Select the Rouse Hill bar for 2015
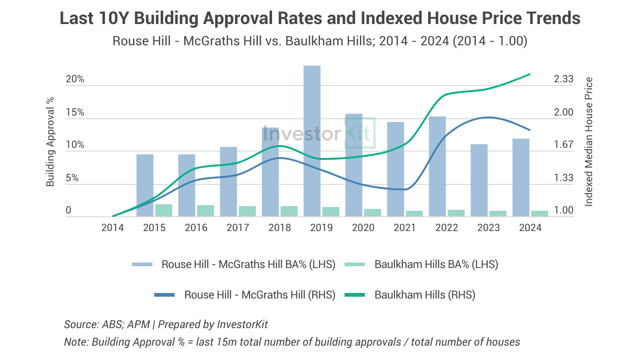pyautogui.click(x=145, y=185)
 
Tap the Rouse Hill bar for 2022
pyautogui.click(x=437, y=166)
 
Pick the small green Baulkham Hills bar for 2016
pyautogui.click(x=205, y=211)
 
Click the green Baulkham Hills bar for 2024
pyautogui.click(x=539, y=214)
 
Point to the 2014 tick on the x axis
pyautogui.click(x=113, y=227)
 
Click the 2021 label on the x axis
pyautogui.click(x=405, y=227)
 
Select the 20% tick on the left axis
pyautogui.click(x=75, y=79)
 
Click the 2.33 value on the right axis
pyautogui.click(x=563, y=79)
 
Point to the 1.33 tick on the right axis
pyautogui.click(x=563, y=178)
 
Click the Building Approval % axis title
pyautogui.click(x=50, y=141)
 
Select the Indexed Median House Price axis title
pyautogui.click(x=588, y=141)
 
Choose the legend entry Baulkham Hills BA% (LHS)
pyautogui.click(x=436, y=264)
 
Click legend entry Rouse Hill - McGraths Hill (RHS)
pyautogui.click(x=260, y=294)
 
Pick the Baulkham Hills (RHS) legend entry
pyautogui.click(x=424, y=294)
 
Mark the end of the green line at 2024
pyautogui.click(x=530, y=74)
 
